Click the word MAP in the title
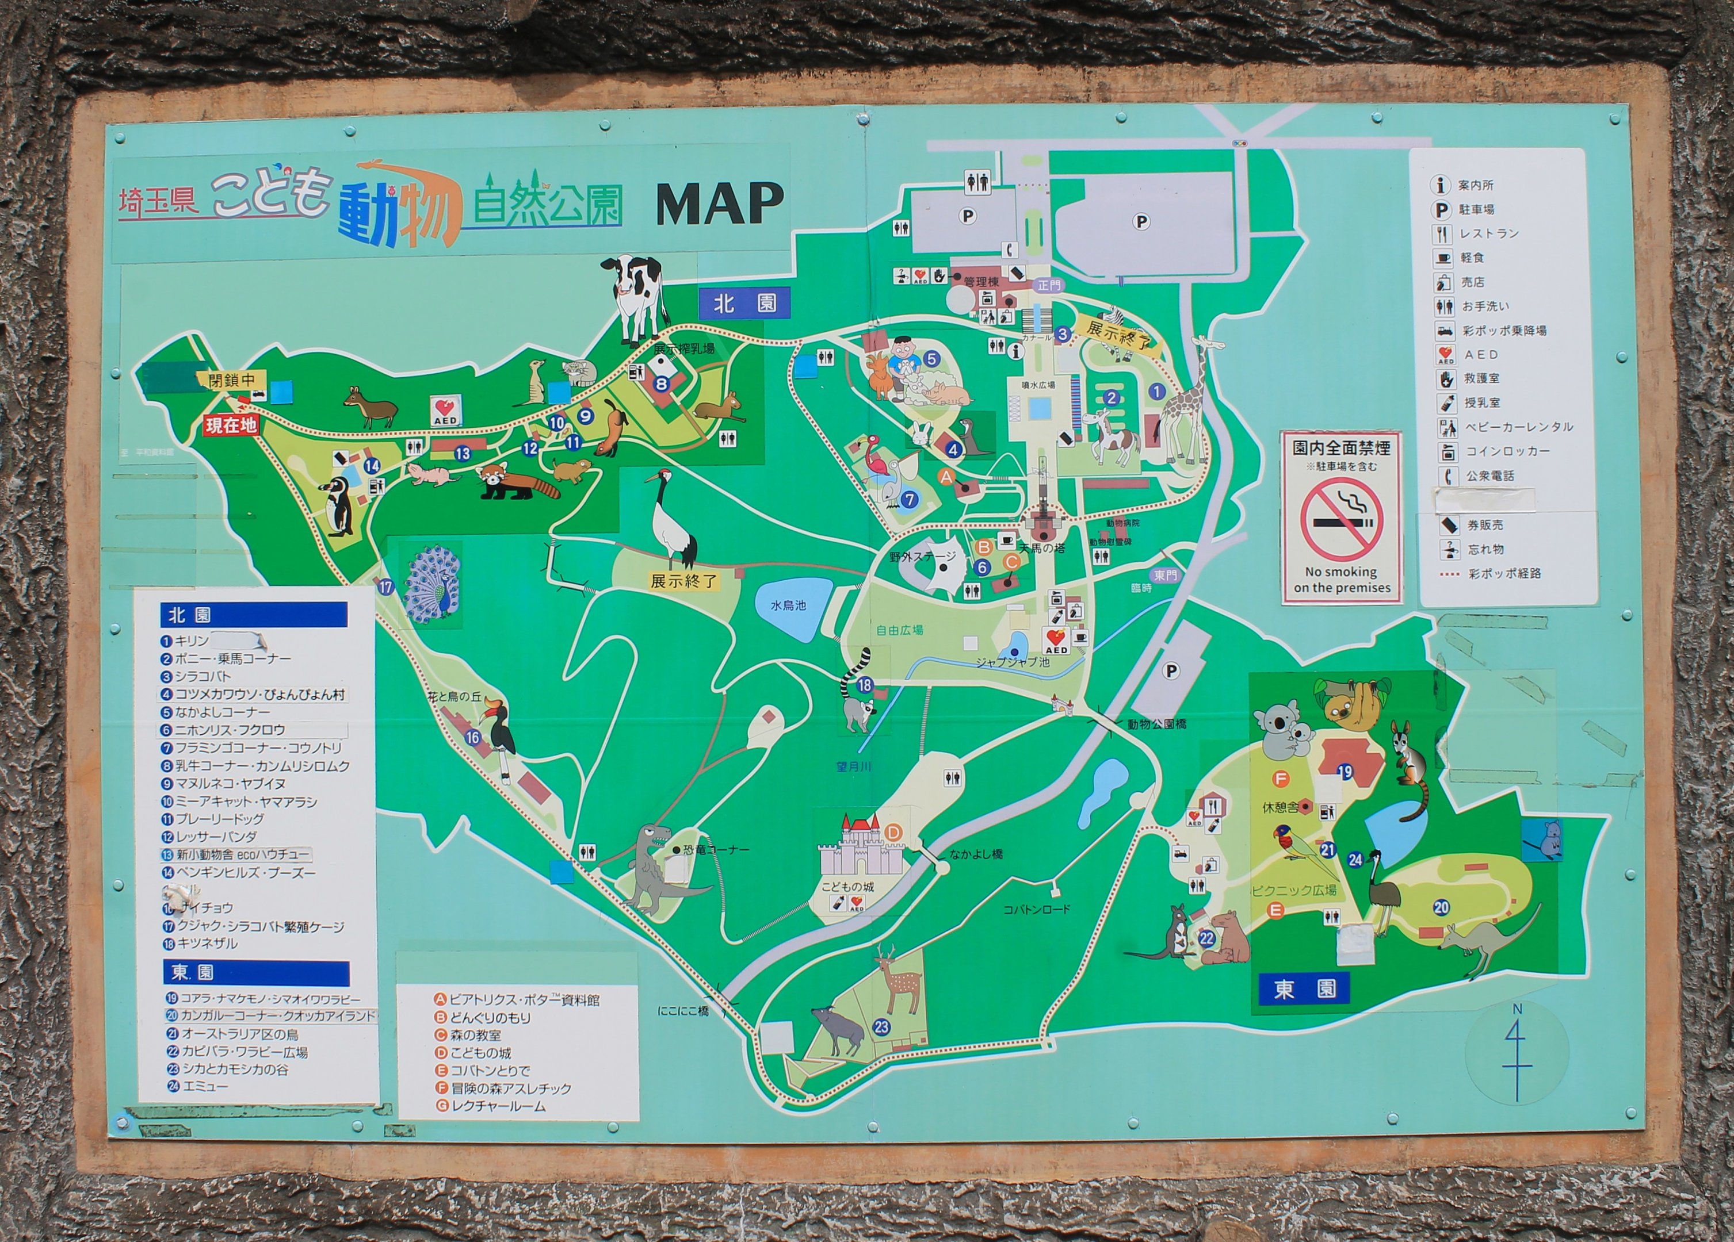(720, 204)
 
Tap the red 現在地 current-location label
(230, 425)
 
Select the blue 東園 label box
(1304, 989)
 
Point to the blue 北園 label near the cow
(744, 304)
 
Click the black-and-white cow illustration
(634, 297)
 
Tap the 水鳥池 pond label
(788, 605)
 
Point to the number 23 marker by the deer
(881, 1026)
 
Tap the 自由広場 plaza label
(899, 630)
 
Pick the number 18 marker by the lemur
(865, 685)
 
